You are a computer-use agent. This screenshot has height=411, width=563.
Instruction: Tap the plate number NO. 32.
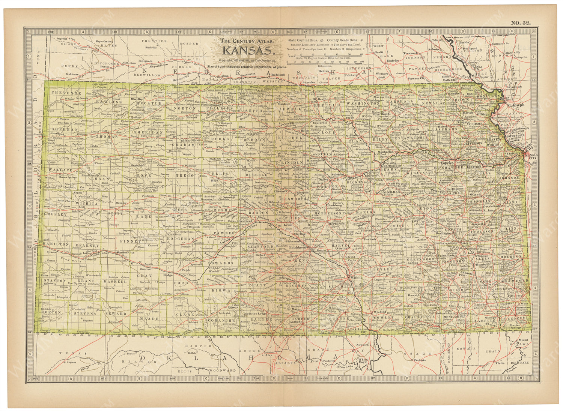[x=521, y=23]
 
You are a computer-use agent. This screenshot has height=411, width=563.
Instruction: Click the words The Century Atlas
[x=249, y=41]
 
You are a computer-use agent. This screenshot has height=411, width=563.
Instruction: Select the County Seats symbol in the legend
[x=361, y=39]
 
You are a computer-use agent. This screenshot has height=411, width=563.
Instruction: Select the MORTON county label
[x=51, y=312]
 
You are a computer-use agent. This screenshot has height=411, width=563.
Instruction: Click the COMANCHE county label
[x=221, y=320]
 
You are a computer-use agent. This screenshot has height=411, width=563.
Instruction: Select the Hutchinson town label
[x=297, y=247]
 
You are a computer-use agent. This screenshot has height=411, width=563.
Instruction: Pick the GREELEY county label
[x=55, y=214]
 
